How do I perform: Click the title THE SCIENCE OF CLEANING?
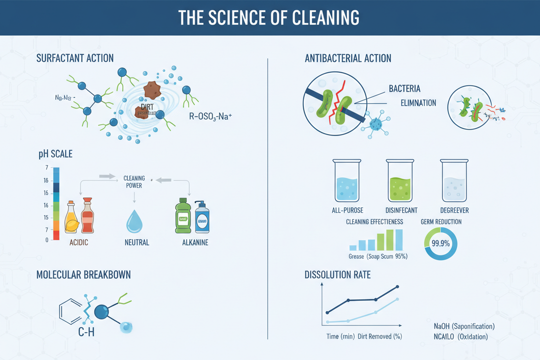pyautogui.click(x=269, y=18)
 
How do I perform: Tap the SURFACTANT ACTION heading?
pyautogui.click(x=75, y=58)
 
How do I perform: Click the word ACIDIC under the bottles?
pyautogui.click(x=79, y=243)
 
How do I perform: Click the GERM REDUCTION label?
pyautogui.click(x=441, y=222)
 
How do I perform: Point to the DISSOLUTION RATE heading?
pyautogui.click(x=337, y=275)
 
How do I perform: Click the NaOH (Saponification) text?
pyautogui.click(x=464, y=327)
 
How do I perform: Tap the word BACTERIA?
pyautogui.click(x=404, y=89)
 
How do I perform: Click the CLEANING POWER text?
pyautogui.click(x=134, y=182)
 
